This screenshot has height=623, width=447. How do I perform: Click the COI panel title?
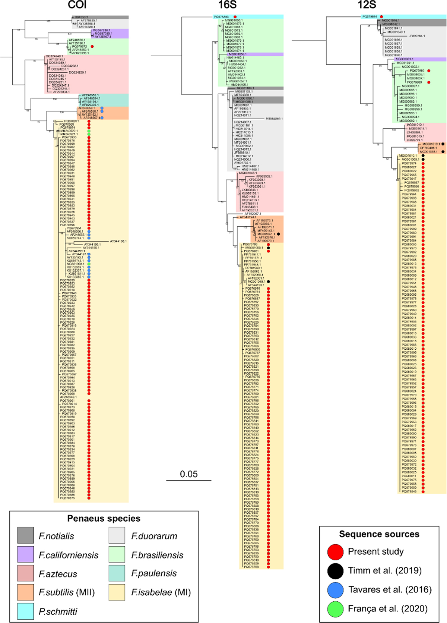77,5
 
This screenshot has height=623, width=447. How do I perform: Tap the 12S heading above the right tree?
367,5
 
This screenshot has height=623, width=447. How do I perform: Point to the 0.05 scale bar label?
188,474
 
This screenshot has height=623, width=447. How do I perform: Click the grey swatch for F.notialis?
25,536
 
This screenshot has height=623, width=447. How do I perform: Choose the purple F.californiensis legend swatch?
25,554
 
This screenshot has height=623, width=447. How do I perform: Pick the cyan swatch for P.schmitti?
25,611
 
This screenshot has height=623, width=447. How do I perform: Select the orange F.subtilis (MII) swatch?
25,592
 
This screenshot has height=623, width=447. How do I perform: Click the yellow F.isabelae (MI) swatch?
118,592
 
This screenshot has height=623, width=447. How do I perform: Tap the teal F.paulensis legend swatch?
118,573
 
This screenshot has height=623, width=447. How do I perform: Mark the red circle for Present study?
335,551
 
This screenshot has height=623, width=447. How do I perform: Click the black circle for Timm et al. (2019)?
335,570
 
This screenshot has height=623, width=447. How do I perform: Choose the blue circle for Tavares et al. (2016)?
335,589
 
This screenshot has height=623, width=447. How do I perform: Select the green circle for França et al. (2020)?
335,608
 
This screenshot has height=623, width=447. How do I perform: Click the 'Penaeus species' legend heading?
104,519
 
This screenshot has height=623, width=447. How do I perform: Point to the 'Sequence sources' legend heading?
379,534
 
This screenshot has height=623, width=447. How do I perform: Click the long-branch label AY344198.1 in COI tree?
118,241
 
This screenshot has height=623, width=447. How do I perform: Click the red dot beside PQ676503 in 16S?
235,17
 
